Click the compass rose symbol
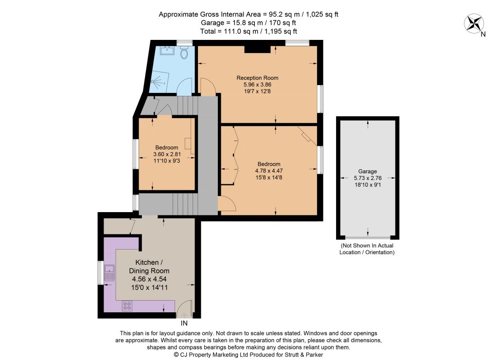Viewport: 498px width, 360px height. pyautogui.click(x=474, y=23)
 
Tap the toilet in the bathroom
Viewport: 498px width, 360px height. pyautogui.click(x=184, y=53)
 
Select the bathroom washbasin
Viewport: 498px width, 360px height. pyautogui.click(x=167, y=51)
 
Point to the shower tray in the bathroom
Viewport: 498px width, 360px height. pyautogui.click(x=159, y=81)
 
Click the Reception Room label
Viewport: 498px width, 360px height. pyautogui.click(x=257, y=78)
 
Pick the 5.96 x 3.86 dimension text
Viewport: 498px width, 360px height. pyautogui.click(x=257, y=85)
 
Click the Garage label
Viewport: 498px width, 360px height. pyautogui.click(x=368, y=171)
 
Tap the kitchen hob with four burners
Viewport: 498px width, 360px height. pyautogui.click(x=127, y=306)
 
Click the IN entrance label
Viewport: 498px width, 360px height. pyautogui.click(x=184, y=323)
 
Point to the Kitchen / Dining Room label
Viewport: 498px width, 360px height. pyautogui.click(x=149, y=267)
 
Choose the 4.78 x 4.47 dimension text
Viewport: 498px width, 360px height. pyautogui.click(x=268, y=171)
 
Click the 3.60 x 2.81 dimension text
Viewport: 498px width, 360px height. pyautogui.click(x=167, y=154)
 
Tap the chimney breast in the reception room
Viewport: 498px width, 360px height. pyautogui.click(x=257, y=49)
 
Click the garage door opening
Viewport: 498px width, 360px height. pyautogui.click(x=368, y=237)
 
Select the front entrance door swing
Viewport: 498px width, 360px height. pyautogui.click(x=184, y=309)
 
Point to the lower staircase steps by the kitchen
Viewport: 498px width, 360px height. pyautogui.click(x=185, y=204)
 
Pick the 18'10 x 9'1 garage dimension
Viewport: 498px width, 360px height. pyautogui.click(x=368, y=184)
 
